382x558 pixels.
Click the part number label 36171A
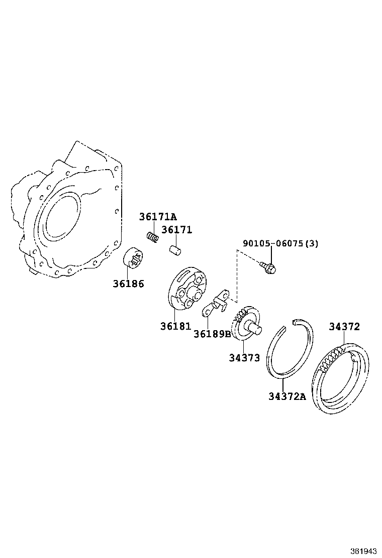158,217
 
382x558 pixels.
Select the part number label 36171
176,230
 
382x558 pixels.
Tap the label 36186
128,284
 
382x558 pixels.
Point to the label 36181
175,326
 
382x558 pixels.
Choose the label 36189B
212,334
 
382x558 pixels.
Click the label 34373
244,358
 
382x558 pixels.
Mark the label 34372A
287,396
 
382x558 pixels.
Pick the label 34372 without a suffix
344,327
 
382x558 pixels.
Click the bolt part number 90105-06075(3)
280,244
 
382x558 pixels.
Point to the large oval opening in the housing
62,216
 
